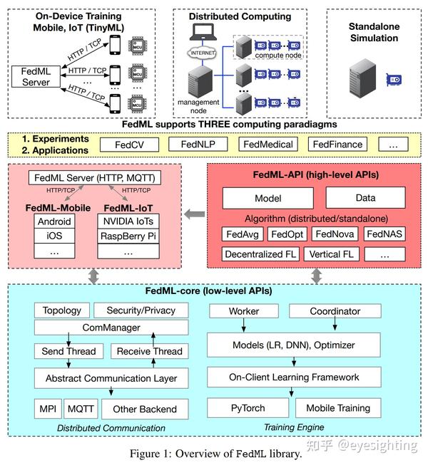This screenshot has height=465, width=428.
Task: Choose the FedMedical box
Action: point(268,145)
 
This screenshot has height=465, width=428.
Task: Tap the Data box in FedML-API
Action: point(365,199)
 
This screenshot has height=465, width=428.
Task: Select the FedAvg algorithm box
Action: point(243,234)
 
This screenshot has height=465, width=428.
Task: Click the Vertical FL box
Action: point(331,254)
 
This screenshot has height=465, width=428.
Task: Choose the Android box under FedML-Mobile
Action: point(53,221)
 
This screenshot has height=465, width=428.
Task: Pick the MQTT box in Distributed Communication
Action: point(81,409)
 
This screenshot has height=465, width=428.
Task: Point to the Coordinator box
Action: point(335,311)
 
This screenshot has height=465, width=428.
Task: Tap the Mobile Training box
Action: point(338,408)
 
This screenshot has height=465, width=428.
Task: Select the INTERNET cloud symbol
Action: point(201,53)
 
